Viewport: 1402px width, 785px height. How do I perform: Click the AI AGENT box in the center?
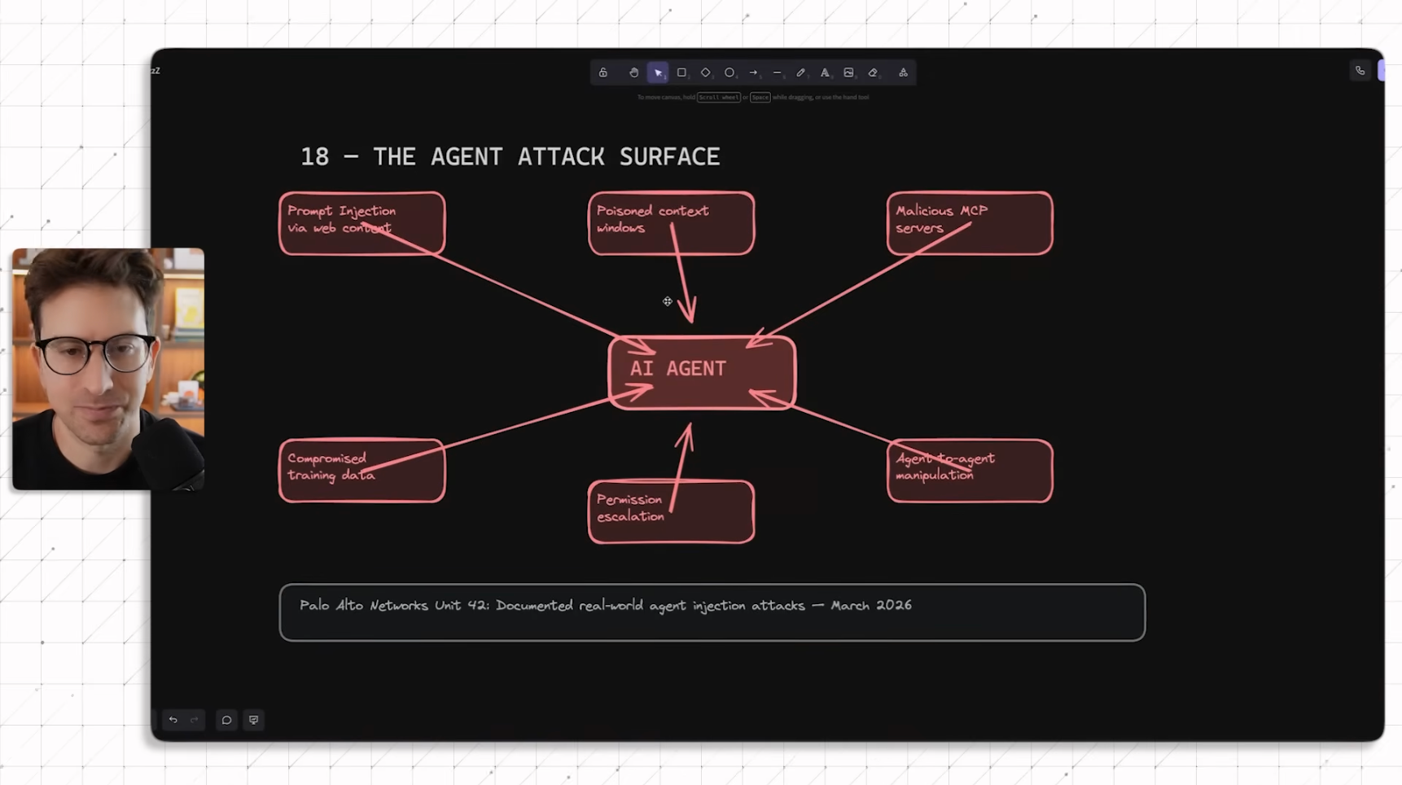[x=701, y=372]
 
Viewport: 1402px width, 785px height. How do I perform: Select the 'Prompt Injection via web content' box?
[x=361, y=223]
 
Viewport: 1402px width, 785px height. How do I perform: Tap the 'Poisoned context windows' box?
[x=671, y=223]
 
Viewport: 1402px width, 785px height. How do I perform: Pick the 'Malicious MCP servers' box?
[x=969, y=223]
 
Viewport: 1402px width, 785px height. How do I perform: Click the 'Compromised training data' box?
[x=361, y=471]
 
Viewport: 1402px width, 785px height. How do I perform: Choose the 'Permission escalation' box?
[x=671, y=511]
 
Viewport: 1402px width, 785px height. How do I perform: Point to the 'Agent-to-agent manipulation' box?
[x=969, y=471]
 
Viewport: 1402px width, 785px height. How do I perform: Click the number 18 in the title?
[x=314, y=157]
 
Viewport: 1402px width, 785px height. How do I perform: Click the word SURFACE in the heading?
[x=669, y=157]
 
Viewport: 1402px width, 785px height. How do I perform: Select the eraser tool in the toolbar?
[x=873, y=72]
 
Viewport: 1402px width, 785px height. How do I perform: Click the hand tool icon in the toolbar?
[x=633, y=72]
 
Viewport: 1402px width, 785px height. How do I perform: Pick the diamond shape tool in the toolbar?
[x=705, y=72]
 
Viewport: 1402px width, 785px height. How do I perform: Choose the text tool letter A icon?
[x=825, y=72]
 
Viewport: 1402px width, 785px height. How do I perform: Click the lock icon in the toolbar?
[x=603, y=72]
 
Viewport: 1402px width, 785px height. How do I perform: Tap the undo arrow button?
[x=173, y=720]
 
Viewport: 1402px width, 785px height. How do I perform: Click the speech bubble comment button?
[x=226, y=720]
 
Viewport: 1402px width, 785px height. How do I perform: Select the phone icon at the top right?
[x=1360, y=71]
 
